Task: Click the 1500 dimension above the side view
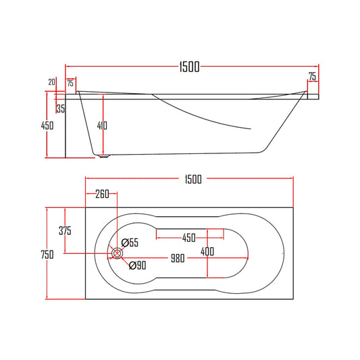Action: tap(189, 66)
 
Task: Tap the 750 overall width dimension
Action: tap(47, 254)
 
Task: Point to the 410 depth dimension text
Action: tap(101, 125)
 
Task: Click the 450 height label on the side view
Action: tap(47, 125)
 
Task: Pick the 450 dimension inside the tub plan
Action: tap(188, 238)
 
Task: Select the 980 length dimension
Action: tap(177, 258)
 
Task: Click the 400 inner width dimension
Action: tap(207, 251)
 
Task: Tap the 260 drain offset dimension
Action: tap(101, 195)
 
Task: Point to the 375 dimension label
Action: tap(65, 230)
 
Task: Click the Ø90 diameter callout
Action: tap(137, 265)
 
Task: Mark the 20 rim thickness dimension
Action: tap(52, 82)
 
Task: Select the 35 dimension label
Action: tap(61, 107)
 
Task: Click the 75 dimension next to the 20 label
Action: tap(70, 83)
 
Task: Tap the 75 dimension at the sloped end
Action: tap(312, 76)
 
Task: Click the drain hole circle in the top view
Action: tap(118, 253)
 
